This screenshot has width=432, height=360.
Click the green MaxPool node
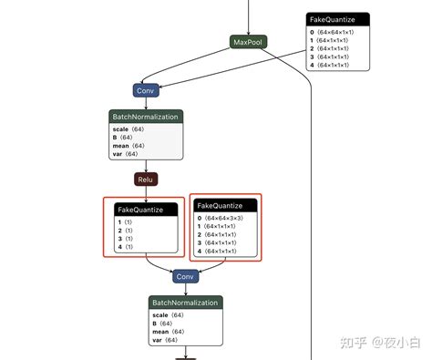click(249, 43)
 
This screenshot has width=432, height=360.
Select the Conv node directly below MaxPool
click(146, 90)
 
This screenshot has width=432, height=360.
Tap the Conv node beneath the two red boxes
click(186, 276)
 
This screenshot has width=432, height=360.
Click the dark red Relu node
click(146, 180)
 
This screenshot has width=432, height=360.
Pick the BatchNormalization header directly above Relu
click(146, 117)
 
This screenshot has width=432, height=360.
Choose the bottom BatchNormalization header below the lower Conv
click(186, 303)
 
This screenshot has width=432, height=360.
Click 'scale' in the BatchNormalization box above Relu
click(120, 130)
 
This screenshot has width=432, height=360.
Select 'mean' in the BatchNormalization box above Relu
click(121, 147)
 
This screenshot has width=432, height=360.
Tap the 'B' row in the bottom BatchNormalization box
click(157, 324)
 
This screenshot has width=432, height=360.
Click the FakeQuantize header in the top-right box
click(337, 19)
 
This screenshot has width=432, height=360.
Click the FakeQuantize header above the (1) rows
click(140, 210)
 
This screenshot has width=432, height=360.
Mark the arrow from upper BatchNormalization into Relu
click(146, 167)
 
